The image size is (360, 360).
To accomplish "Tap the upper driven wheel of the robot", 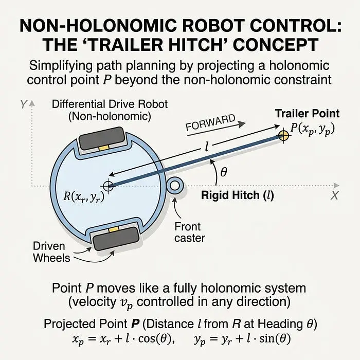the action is point(102,138).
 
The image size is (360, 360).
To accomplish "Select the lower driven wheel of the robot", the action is point(116,239).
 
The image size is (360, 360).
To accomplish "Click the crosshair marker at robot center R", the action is point(107,186).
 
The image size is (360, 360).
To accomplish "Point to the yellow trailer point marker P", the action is point(283,135).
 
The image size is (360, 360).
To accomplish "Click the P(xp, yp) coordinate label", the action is point(313,129).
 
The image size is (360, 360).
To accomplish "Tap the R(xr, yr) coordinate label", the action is point(84,197).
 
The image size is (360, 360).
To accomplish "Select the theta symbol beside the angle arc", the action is point(224,172).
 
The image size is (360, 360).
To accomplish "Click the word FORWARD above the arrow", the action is point(210,122).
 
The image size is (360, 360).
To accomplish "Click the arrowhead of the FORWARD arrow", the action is point(242,124).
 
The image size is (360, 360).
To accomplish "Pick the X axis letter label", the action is point(334,195).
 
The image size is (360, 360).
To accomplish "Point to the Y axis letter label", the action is point(24,104).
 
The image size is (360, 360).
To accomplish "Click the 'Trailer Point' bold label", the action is point(307,114).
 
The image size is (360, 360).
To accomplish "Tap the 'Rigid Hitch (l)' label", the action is point(238,195).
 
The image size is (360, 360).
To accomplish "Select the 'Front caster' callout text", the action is point(190,232).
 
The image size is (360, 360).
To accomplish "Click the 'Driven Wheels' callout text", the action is point(51,252).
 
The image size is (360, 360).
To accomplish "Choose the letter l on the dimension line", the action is point(207,147).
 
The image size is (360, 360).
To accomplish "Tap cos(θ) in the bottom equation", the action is point(155,339).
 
